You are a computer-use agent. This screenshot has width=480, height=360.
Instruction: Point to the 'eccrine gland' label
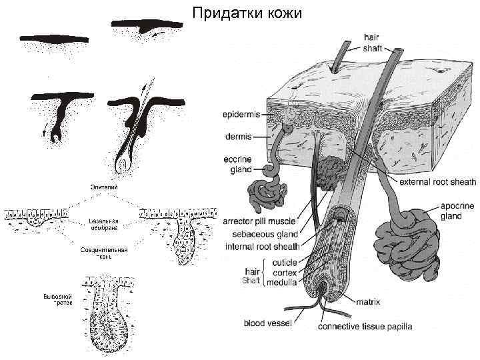point(239,165)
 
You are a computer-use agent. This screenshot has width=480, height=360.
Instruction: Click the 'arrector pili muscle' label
point(259,221)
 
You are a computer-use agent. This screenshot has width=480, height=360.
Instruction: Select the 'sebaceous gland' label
point(264,234)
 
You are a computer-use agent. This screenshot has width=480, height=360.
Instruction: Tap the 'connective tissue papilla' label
point(365,327)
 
